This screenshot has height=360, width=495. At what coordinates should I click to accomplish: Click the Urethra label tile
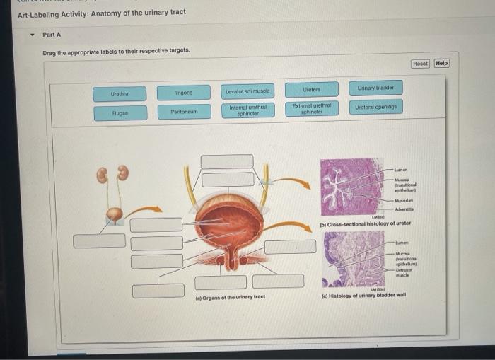120,93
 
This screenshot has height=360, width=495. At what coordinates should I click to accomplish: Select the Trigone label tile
183,93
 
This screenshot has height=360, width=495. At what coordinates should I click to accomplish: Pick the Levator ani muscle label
248,92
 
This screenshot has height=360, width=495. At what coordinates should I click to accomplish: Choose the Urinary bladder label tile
375,88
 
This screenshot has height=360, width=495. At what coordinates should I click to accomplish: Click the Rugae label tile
120,113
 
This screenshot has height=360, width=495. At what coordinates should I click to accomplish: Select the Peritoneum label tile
183,112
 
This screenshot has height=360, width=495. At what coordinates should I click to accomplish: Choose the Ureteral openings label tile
375,107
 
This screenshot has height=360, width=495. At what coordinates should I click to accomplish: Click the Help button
441,63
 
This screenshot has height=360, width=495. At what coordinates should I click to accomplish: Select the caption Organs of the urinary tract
230,297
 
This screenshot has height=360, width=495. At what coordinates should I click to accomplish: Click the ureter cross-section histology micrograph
351,186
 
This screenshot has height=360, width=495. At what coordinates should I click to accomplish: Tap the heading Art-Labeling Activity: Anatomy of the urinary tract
101,12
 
